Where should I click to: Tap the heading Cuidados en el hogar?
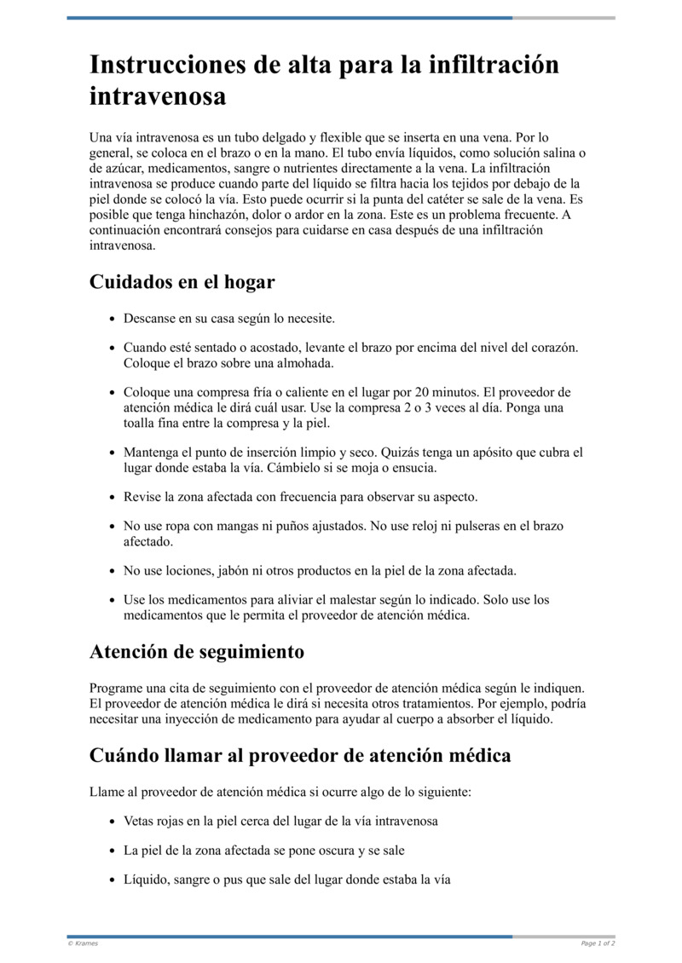(182, 282)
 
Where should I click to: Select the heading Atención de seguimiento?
(197, 653)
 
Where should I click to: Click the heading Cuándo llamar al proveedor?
(300, 755)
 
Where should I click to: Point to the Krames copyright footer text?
(83, 943)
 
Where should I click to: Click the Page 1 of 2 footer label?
(598, 943)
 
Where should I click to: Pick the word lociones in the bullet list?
(187, 570)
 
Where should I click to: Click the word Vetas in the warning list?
(139, 822)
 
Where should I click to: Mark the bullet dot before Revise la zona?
(113, 497)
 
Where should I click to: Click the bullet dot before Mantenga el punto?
(113, 453)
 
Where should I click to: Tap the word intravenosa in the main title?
(158, 96)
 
